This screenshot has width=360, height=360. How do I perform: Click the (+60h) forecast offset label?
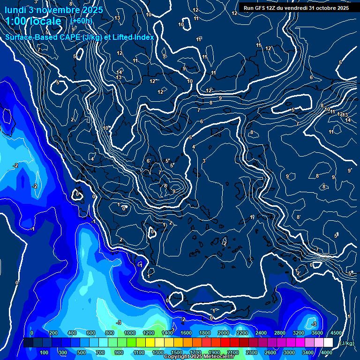coord(81,21)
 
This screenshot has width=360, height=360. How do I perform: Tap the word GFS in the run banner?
coord(263,8)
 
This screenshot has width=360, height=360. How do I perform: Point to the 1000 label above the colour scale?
coord(129,333)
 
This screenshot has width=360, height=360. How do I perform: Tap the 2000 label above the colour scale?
coord(223,333)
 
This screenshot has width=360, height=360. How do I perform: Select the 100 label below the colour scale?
coord(45,352)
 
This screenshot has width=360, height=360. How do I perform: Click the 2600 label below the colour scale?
coord(270,352)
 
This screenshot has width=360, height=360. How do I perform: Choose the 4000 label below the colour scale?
coord(326,352)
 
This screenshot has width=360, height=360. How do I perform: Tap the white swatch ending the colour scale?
coord(328,343)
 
